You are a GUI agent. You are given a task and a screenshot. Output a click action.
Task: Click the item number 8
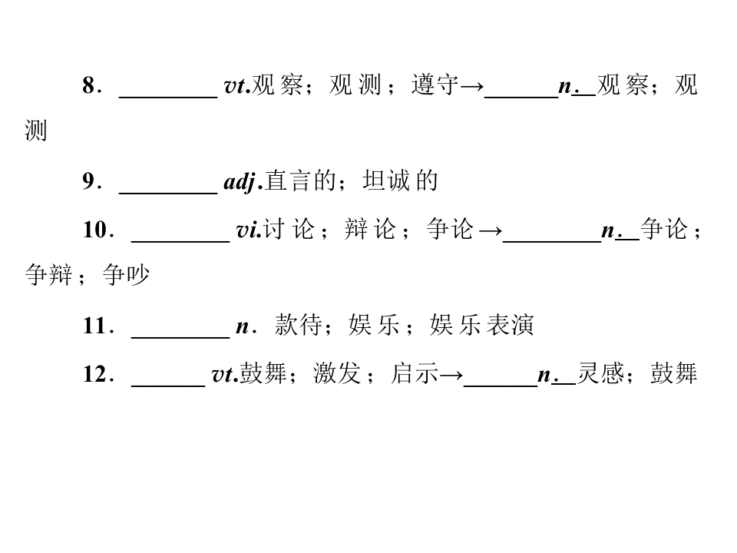(x=89, y=85)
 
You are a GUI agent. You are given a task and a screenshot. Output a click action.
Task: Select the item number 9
(x=89, y=181)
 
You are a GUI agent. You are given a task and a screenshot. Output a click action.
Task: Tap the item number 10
(x=95, y=230)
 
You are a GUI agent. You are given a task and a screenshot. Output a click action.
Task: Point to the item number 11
(x=95, y=326)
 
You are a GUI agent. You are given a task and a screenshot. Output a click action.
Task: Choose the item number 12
(x=95, y=374)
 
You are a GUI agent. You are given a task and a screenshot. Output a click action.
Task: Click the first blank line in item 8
(x=168, y=98)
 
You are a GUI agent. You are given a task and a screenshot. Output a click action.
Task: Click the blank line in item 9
(x=168, y=193)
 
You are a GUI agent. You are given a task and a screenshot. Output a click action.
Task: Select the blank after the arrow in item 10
(x=552, y=242)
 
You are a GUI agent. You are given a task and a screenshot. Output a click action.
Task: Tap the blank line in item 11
(x=180, y=338)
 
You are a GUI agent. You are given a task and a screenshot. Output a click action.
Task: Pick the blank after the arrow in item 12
(x=501, y=386)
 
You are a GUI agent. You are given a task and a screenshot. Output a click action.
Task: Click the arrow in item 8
(x=471, y=86)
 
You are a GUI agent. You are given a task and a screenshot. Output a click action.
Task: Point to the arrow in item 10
(x=491, y=230)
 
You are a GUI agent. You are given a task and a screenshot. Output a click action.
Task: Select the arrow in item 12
(x=451, y=375)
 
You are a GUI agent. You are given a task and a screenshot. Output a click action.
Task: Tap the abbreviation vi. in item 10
(x=249, y=230)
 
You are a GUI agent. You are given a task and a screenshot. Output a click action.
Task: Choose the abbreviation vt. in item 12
(x=225, y=375)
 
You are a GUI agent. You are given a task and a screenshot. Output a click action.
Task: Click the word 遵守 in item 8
(x=435, y=85)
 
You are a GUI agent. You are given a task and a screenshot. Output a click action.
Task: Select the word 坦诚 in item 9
(x=386, y=181)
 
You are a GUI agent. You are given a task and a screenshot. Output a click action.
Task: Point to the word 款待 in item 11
(x=299, y=326)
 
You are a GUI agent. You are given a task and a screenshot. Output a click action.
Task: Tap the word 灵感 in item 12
(x=600, y=374)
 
